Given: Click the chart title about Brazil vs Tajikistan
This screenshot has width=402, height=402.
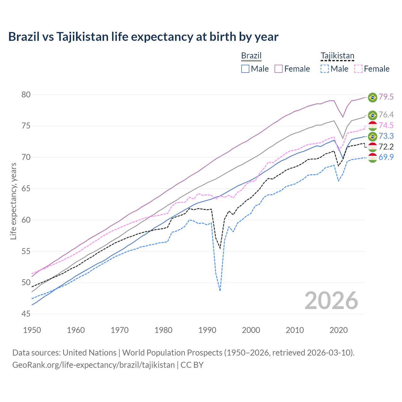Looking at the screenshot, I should coord(143,37).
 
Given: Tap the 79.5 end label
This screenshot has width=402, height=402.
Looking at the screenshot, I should coord(386,97).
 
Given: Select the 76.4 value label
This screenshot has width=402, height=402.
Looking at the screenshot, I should coord(386,115).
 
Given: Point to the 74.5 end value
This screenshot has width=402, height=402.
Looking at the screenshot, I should coord(386,125).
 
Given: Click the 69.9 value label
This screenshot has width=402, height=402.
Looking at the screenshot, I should coord(386,157).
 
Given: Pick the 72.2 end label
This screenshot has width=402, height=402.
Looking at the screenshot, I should coord(386,147).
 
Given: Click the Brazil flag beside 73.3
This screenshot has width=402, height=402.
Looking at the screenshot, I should coord(372,136).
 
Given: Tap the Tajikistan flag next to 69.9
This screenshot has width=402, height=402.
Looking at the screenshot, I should coord(372,158).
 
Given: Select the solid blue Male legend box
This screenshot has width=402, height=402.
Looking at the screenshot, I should coord(245,69).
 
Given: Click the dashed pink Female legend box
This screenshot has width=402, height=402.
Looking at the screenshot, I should coord(358,69).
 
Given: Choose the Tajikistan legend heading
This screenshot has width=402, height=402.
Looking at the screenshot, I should coord(337,56).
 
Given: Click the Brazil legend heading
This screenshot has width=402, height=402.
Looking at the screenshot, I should coord(251,56).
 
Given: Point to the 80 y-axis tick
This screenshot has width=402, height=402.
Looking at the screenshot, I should coord(26,95).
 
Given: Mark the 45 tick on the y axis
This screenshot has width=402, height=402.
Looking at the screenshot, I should coord(26,314).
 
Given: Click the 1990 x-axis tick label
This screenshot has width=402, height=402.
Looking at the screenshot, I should coord(207,330).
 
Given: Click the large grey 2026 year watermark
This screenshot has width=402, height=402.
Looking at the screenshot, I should coord(331,301).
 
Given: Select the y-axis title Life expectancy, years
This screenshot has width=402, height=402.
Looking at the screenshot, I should coord(14,201).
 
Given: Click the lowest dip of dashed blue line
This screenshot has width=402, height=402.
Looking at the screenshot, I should coord(220,291).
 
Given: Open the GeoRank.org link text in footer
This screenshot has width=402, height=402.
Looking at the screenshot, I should coord(93,365).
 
